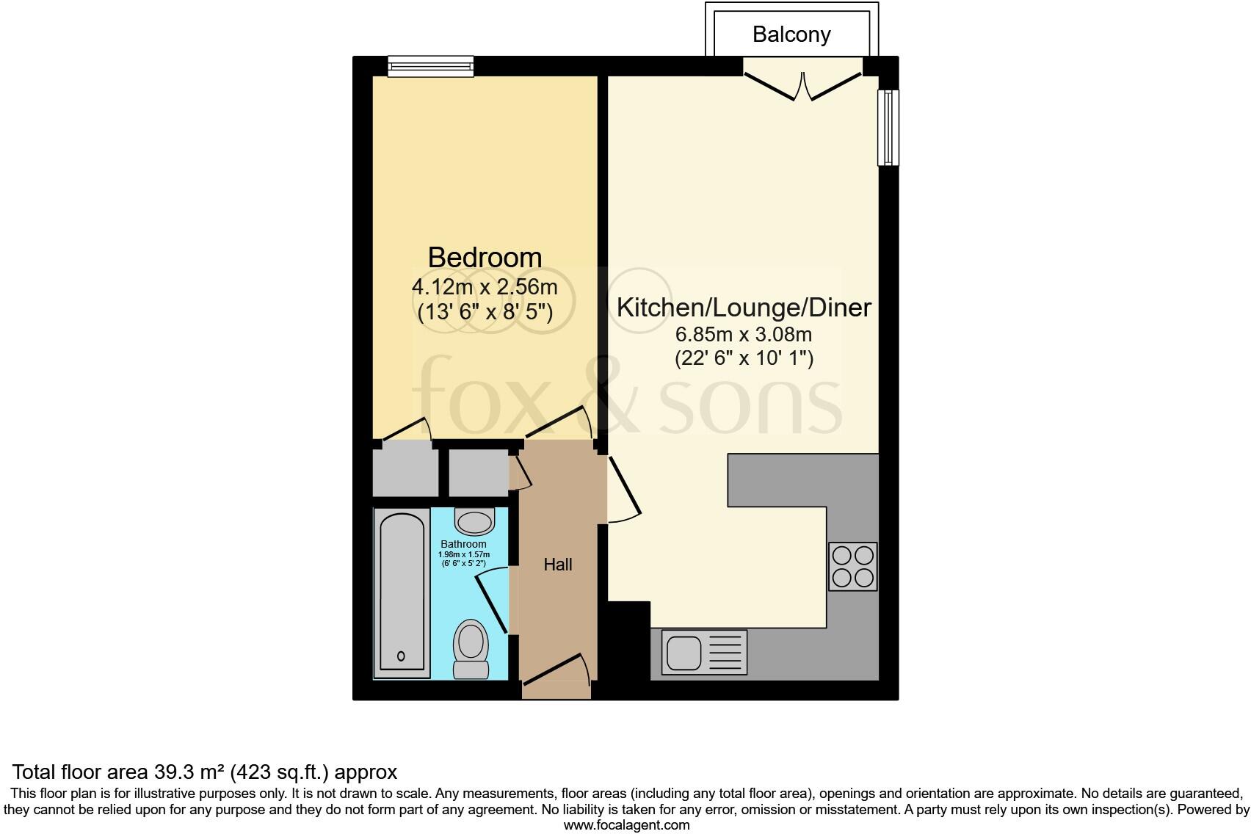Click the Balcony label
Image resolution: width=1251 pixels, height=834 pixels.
791,35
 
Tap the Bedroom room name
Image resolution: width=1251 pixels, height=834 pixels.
485,258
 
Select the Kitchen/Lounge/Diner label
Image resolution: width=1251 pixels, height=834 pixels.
744,307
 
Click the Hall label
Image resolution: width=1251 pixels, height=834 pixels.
558,565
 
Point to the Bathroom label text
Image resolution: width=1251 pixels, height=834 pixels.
463,544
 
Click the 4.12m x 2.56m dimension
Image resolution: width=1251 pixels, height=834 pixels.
485,287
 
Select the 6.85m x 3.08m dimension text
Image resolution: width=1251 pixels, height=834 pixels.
744,335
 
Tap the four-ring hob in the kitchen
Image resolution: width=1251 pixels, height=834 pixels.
853,566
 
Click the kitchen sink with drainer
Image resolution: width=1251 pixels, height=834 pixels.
703,653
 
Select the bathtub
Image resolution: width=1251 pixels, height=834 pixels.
401,592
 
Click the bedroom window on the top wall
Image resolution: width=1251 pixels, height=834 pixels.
431,67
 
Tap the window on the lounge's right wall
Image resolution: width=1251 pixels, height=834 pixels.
888,127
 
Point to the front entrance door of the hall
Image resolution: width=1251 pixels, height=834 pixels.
556,671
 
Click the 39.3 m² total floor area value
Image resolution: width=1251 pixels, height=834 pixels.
189,772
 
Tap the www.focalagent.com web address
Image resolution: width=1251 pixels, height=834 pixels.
626,825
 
